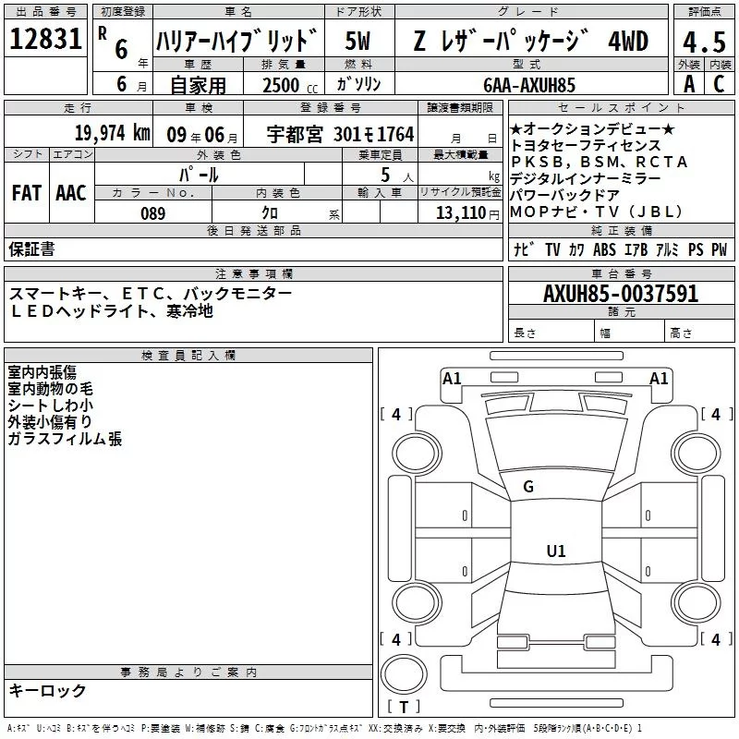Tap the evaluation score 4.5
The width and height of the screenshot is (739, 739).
point(702,42)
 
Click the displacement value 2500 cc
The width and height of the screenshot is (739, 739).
point(282,86)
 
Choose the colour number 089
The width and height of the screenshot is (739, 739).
point(152,212)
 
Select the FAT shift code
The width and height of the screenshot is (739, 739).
point(26,193)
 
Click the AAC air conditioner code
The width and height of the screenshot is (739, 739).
point(70,193)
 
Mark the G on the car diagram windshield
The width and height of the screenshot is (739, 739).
point(528,486)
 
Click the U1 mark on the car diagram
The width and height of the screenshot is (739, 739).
point(555,551)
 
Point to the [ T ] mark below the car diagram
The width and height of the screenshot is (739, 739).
point(404,709)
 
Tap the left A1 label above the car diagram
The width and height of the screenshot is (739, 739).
point(452,378)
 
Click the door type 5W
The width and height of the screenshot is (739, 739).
point(358,41)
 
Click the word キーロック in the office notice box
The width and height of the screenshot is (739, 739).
point(48,690)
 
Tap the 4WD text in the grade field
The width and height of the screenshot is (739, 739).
point(629,41)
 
